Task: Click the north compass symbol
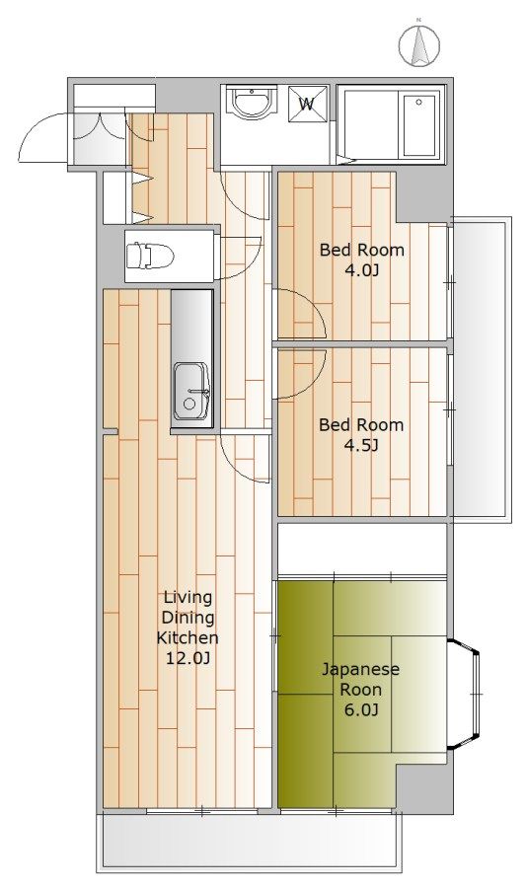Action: tap(419, 45)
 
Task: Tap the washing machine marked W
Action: tap(308, 104)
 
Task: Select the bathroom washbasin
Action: tap(252, 103)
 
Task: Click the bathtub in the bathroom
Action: tap(418, 125)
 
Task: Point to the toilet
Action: tap(149, 256)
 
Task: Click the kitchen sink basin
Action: tap(191, 392)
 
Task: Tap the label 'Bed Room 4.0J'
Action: tap(362, 259)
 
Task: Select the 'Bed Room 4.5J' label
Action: tap(361, 435)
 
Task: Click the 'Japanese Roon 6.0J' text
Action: tap(360, 690)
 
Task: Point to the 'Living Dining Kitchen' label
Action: tap(188, 618)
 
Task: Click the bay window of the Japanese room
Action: tap(466, 694)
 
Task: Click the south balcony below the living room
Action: tap(249, 841)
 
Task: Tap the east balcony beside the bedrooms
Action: tap(481, 367)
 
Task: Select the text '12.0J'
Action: tap(188, 658)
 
